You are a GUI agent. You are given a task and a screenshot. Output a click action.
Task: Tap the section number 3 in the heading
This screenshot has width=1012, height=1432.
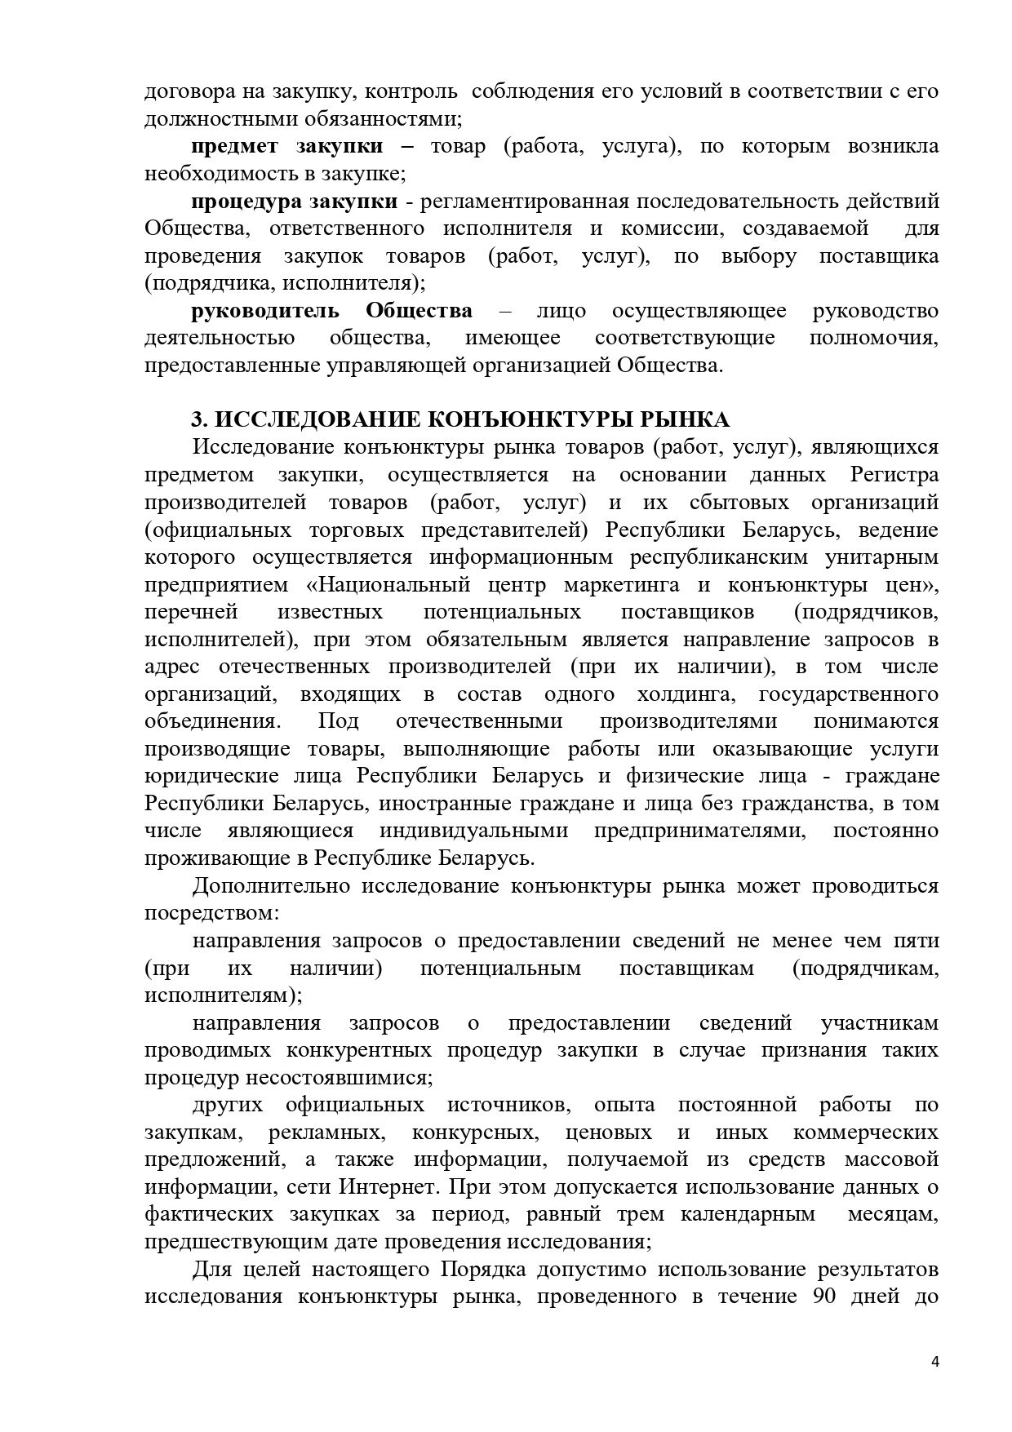(x=196, y=420)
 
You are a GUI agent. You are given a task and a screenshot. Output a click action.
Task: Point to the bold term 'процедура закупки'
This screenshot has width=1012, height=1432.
(x=295, y=202)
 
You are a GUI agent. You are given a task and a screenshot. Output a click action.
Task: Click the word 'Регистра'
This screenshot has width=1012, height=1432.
(x=894, y=475)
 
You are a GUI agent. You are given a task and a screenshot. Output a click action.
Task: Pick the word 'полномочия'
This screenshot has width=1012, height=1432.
(x=873, y=338)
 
